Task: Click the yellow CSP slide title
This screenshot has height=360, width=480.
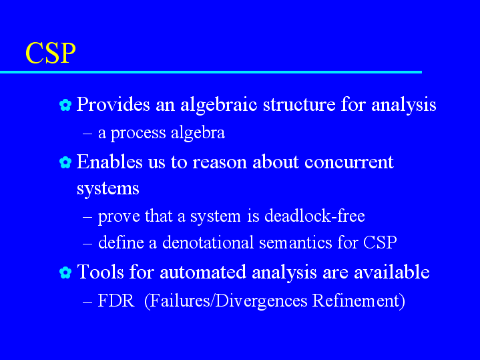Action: tap(51, 53)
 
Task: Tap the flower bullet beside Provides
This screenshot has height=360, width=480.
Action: tap(65, 105)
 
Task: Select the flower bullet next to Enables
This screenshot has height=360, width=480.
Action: tap(65, 162)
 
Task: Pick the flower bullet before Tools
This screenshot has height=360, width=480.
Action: tap(65, 273)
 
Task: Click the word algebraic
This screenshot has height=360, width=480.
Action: tap(219, 105)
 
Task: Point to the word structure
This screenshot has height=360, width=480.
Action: tap(299, 105)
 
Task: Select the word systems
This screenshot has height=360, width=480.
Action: tap(107, 188)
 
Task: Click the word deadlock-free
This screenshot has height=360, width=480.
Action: tap(314, 216)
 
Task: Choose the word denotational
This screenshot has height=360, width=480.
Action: tap(208, 242)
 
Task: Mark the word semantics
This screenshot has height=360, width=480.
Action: tap(295, 242)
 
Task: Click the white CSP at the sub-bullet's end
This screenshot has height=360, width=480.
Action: tap(380, 242)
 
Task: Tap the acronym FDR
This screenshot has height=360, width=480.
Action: tap(116, 301)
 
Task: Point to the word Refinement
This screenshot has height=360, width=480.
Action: tap(356, 301)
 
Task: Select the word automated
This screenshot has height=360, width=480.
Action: tap(203, 272)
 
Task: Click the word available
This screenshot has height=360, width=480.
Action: tap(391, 272)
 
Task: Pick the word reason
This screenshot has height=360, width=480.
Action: tap(220, 163)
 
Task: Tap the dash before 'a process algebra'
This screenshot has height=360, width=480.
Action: tap(87, 133)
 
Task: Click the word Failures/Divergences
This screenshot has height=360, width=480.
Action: tap(229, 301)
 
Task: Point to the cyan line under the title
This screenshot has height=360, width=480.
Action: tap(211, 72)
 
